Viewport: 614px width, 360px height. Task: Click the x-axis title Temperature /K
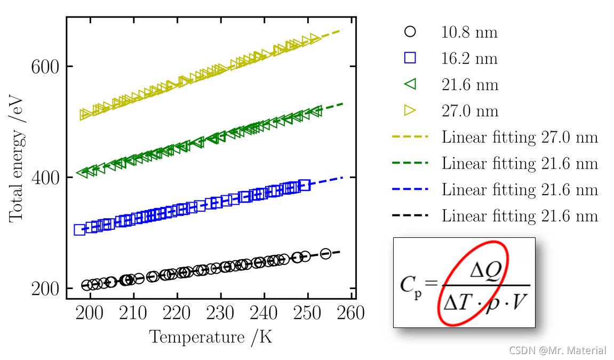click(x=211, y=337)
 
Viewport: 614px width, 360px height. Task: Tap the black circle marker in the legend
click(x=410, y=31)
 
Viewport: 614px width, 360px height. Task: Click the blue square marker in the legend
click(x=410, y=58)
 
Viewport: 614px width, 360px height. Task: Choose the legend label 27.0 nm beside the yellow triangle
click(x=469, y=111)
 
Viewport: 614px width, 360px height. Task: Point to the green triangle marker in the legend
click(x=410, y=84)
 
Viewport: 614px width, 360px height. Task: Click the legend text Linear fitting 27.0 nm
click(x=520, y=137)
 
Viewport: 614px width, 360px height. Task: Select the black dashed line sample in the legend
click(x=410, y=215)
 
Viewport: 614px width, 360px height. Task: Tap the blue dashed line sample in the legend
click(x=410, y=189)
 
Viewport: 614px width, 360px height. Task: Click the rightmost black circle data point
click(x=325, y=253)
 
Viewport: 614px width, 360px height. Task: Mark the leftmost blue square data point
click(x=79, y=230)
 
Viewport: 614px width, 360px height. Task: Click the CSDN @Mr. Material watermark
click(x=557, y=350)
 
